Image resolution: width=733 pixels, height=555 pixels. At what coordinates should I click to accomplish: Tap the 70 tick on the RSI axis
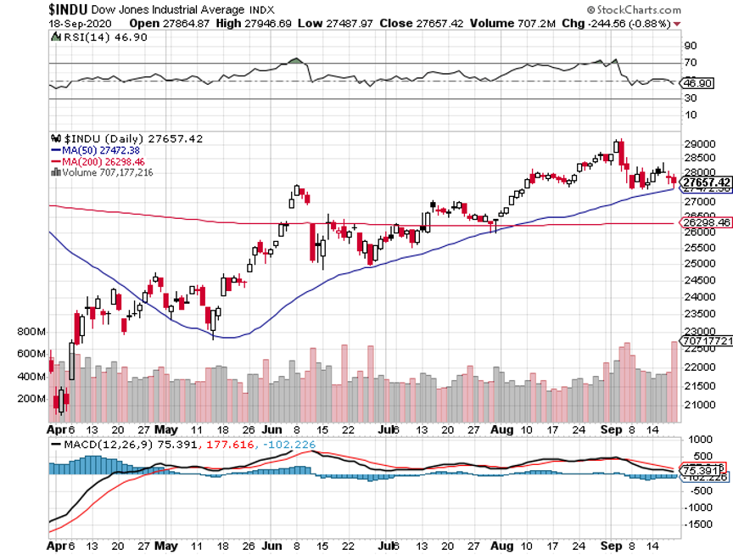[691, 63]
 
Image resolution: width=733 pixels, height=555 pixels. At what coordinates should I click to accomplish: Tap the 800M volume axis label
[29, 331]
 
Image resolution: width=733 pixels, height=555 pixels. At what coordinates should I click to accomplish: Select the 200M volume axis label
[29, 398]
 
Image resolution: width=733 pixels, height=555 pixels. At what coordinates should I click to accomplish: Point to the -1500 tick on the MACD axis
[698, 524]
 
